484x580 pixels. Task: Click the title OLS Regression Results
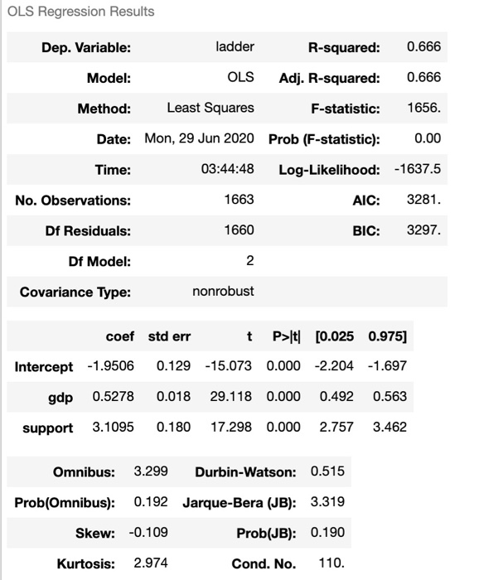coord(80,12)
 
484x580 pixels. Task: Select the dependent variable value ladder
coord(240,46)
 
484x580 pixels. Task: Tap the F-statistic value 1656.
coord(424,108)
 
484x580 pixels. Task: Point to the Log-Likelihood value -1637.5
coord(419,170)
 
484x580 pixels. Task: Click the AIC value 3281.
coord(424,200)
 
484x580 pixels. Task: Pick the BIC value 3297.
coord(424,230)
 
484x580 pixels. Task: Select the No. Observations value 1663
coord(240,200)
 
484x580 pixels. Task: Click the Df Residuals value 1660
coord(240,230)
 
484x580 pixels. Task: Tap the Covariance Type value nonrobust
coord(223,292)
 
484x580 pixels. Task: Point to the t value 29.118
coord(232,397)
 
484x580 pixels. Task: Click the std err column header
coord(169,336)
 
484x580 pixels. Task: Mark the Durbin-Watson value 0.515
coord(327,471)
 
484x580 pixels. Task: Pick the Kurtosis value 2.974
coord(151,563)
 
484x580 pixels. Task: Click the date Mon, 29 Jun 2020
coord(200,138)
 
